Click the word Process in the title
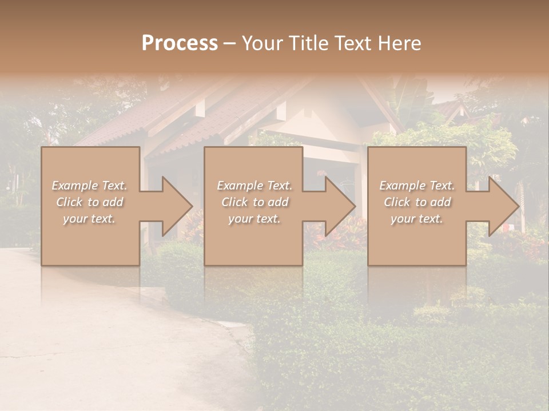180,43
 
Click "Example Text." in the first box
89,186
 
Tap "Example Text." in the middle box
254,186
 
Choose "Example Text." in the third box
416,186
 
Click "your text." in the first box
89,219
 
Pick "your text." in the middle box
254,219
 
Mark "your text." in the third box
416,219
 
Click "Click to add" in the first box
89,202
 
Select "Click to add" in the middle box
254,202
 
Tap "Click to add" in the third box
416,202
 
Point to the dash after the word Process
229,43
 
